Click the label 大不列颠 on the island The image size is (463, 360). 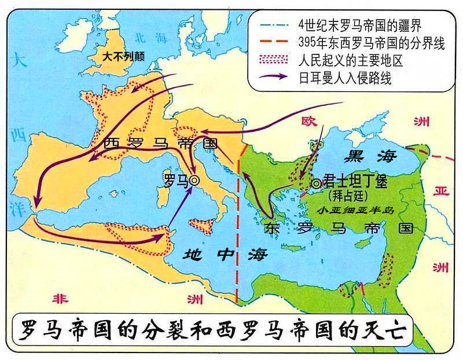pyautogui.click(x=123, y=57)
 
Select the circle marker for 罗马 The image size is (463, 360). pyautogui.click(x=194, y=181)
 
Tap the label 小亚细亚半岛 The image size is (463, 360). pyautogui.click(x=356, y=211)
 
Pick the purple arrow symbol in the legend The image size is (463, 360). pyautogui.click(x=274, y=77)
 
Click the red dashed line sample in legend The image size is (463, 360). pyautogui.click(x=274, y=44)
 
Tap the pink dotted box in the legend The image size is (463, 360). pyautogui.click(x=274, y=60)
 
